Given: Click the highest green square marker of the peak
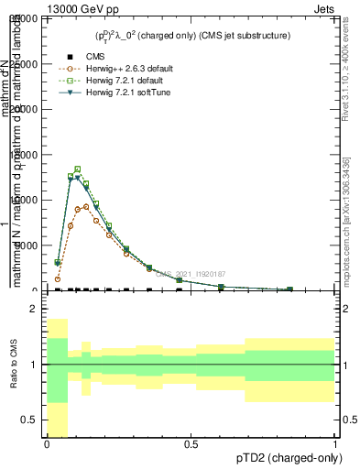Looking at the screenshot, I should tap(78, 169).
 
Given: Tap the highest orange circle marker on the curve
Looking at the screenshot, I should tap(87, 206).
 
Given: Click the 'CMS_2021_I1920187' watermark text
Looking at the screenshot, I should tap(190, 274).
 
